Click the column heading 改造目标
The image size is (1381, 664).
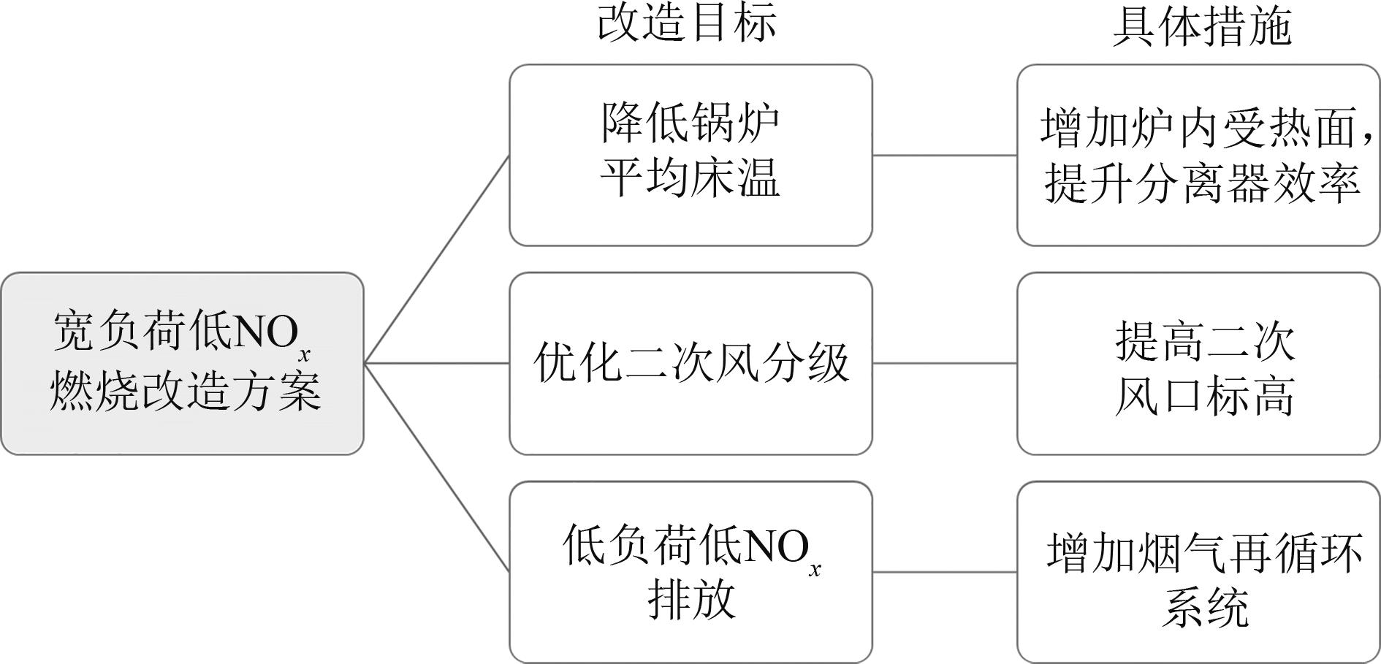[x=687, y=23]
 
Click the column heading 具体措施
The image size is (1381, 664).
[x=1202, y=27]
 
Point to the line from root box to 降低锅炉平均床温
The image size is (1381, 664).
[x=436, y=259]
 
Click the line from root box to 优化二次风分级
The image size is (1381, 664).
[x=436, y=363]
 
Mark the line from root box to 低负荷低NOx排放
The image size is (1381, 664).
[x=436, y=467]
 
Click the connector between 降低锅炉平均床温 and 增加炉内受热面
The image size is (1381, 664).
[x=945, y=155]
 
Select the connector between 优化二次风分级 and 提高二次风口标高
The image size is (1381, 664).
[x=945, y=363]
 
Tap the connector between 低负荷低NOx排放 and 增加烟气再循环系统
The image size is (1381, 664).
[x=945, y=572]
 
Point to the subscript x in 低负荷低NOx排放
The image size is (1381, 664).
[x=815, y=569]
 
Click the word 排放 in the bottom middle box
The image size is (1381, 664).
[x=691, y=600]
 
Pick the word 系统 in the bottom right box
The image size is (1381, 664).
[x=1205, y=607]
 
